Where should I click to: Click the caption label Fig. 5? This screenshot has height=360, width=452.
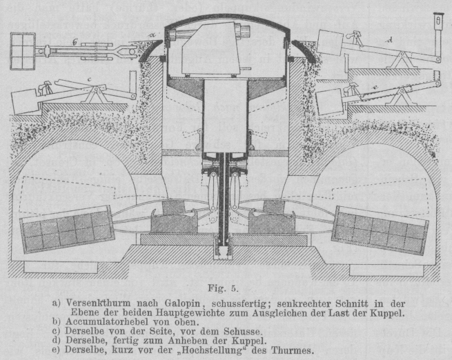point(223,288)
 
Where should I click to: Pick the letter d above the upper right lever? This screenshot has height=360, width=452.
point(390,41)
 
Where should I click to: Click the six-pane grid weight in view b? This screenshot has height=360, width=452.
point(23,51)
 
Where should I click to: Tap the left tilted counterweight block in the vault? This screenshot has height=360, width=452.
point(66,229)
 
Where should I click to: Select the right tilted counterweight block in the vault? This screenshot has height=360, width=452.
point(380,230)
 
